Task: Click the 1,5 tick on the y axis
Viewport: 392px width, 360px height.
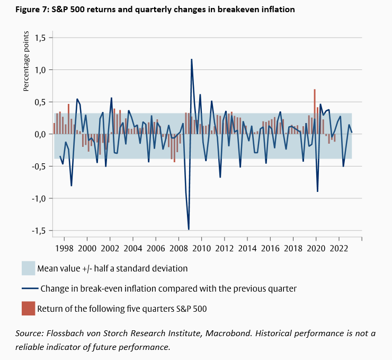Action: pyautogui.click(x=40, y=38)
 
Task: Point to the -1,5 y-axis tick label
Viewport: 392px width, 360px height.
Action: pyautogui.click(x=39, y=231)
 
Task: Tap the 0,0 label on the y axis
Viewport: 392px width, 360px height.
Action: pyautogui.click(x=40, y=134)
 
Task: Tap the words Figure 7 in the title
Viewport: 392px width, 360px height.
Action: pyautogui.click(x=28, y=10)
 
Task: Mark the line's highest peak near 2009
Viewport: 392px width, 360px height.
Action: pyautogui.click(x=191, y=59)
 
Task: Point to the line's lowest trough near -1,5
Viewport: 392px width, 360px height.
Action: pyautogui.click(x=189, y=229)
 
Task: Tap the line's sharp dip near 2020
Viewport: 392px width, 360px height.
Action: pyautogui.click(x=317, y=191)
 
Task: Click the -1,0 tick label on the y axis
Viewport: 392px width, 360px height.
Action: pyautogui.click(x=39, y=198)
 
